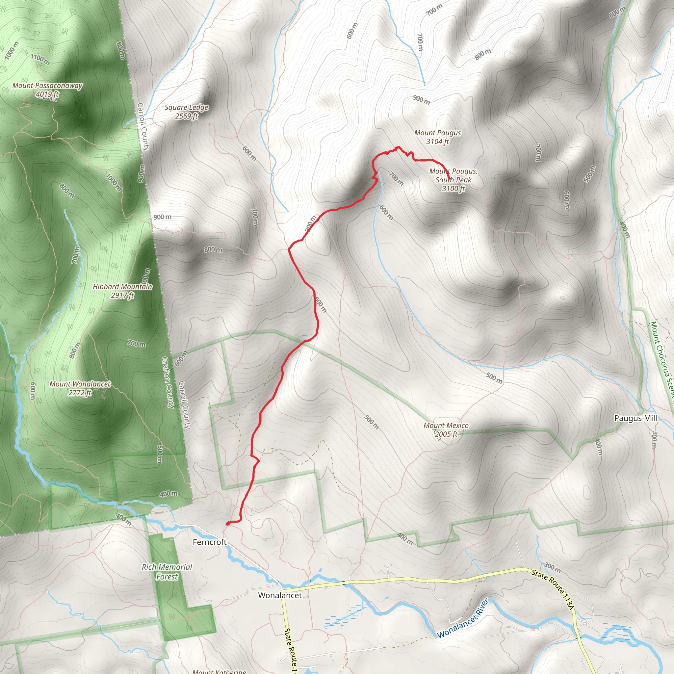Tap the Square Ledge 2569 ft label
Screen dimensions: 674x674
click(x=187, y=112)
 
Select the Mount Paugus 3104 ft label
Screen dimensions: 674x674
click(x=437, y=137)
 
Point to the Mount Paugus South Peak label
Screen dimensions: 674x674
click(x=453, y=180)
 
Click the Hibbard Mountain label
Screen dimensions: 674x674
click(x=122, y=291)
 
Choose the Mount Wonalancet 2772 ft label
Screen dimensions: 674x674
click(x=80, y=388)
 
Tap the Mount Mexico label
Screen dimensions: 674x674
click(x=446, y=430)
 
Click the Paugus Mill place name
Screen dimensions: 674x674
click(x=635, y=418)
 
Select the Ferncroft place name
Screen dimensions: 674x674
click(x=210, y=542)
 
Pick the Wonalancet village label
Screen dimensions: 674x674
click(x=280, y=595)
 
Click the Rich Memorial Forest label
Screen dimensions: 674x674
click(x=167, y=572)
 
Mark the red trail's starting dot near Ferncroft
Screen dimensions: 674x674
click(x=228, y=524)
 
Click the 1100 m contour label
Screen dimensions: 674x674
click(x=40, y=59)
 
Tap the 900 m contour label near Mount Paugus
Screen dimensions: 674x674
click(x=422, y=100)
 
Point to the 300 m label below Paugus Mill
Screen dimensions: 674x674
click(x=654, y=440)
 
